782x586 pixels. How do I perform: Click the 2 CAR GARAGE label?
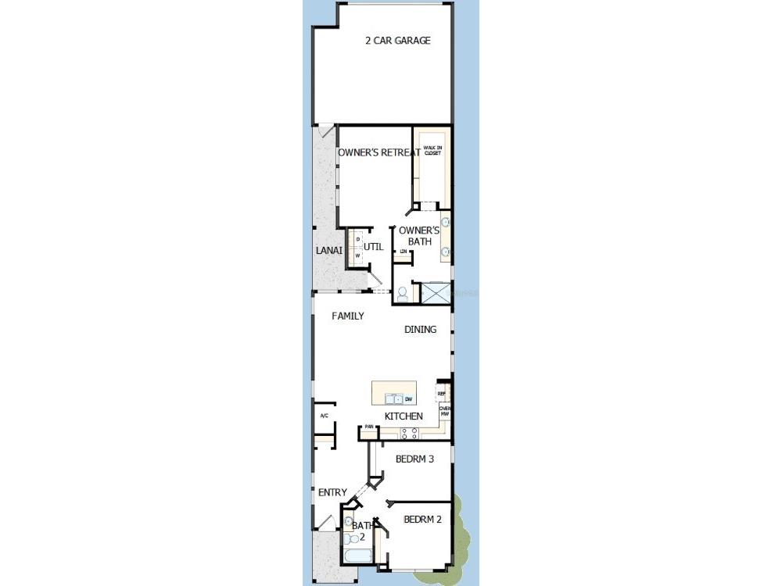coord(398,41)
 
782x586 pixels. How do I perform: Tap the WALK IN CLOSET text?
coord(432,150)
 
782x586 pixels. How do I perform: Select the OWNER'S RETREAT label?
coord(379,153)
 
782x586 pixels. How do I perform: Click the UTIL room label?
coord(373,247)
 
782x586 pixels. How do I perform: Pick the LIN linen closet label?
coord(404,252)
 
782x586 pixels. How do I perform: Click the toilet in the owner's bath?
coord(403,294)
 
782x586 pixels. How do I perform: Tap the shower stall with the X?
coord(436,293)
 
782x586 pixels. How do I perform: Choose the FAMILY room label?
coord(347,316)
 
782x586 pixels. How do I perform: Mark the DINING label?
coord(420,330)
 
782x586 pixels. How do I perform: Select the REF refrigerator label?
coord(441,394)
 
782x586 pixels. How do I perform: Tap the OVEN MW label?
coord(444,411)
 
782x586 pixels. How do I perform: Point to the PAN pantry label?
coord(368,427)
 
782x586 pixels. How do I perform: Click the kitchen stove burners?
coord(410,432)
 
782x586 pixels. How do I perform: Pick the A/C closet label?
coord(324,416)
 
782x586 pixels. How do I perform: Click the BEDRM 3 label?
coord(414,459)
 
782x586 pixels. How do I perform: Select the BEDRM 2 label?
coord(423,519)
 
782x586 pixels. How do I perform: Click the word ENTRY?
coord(332,492)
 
